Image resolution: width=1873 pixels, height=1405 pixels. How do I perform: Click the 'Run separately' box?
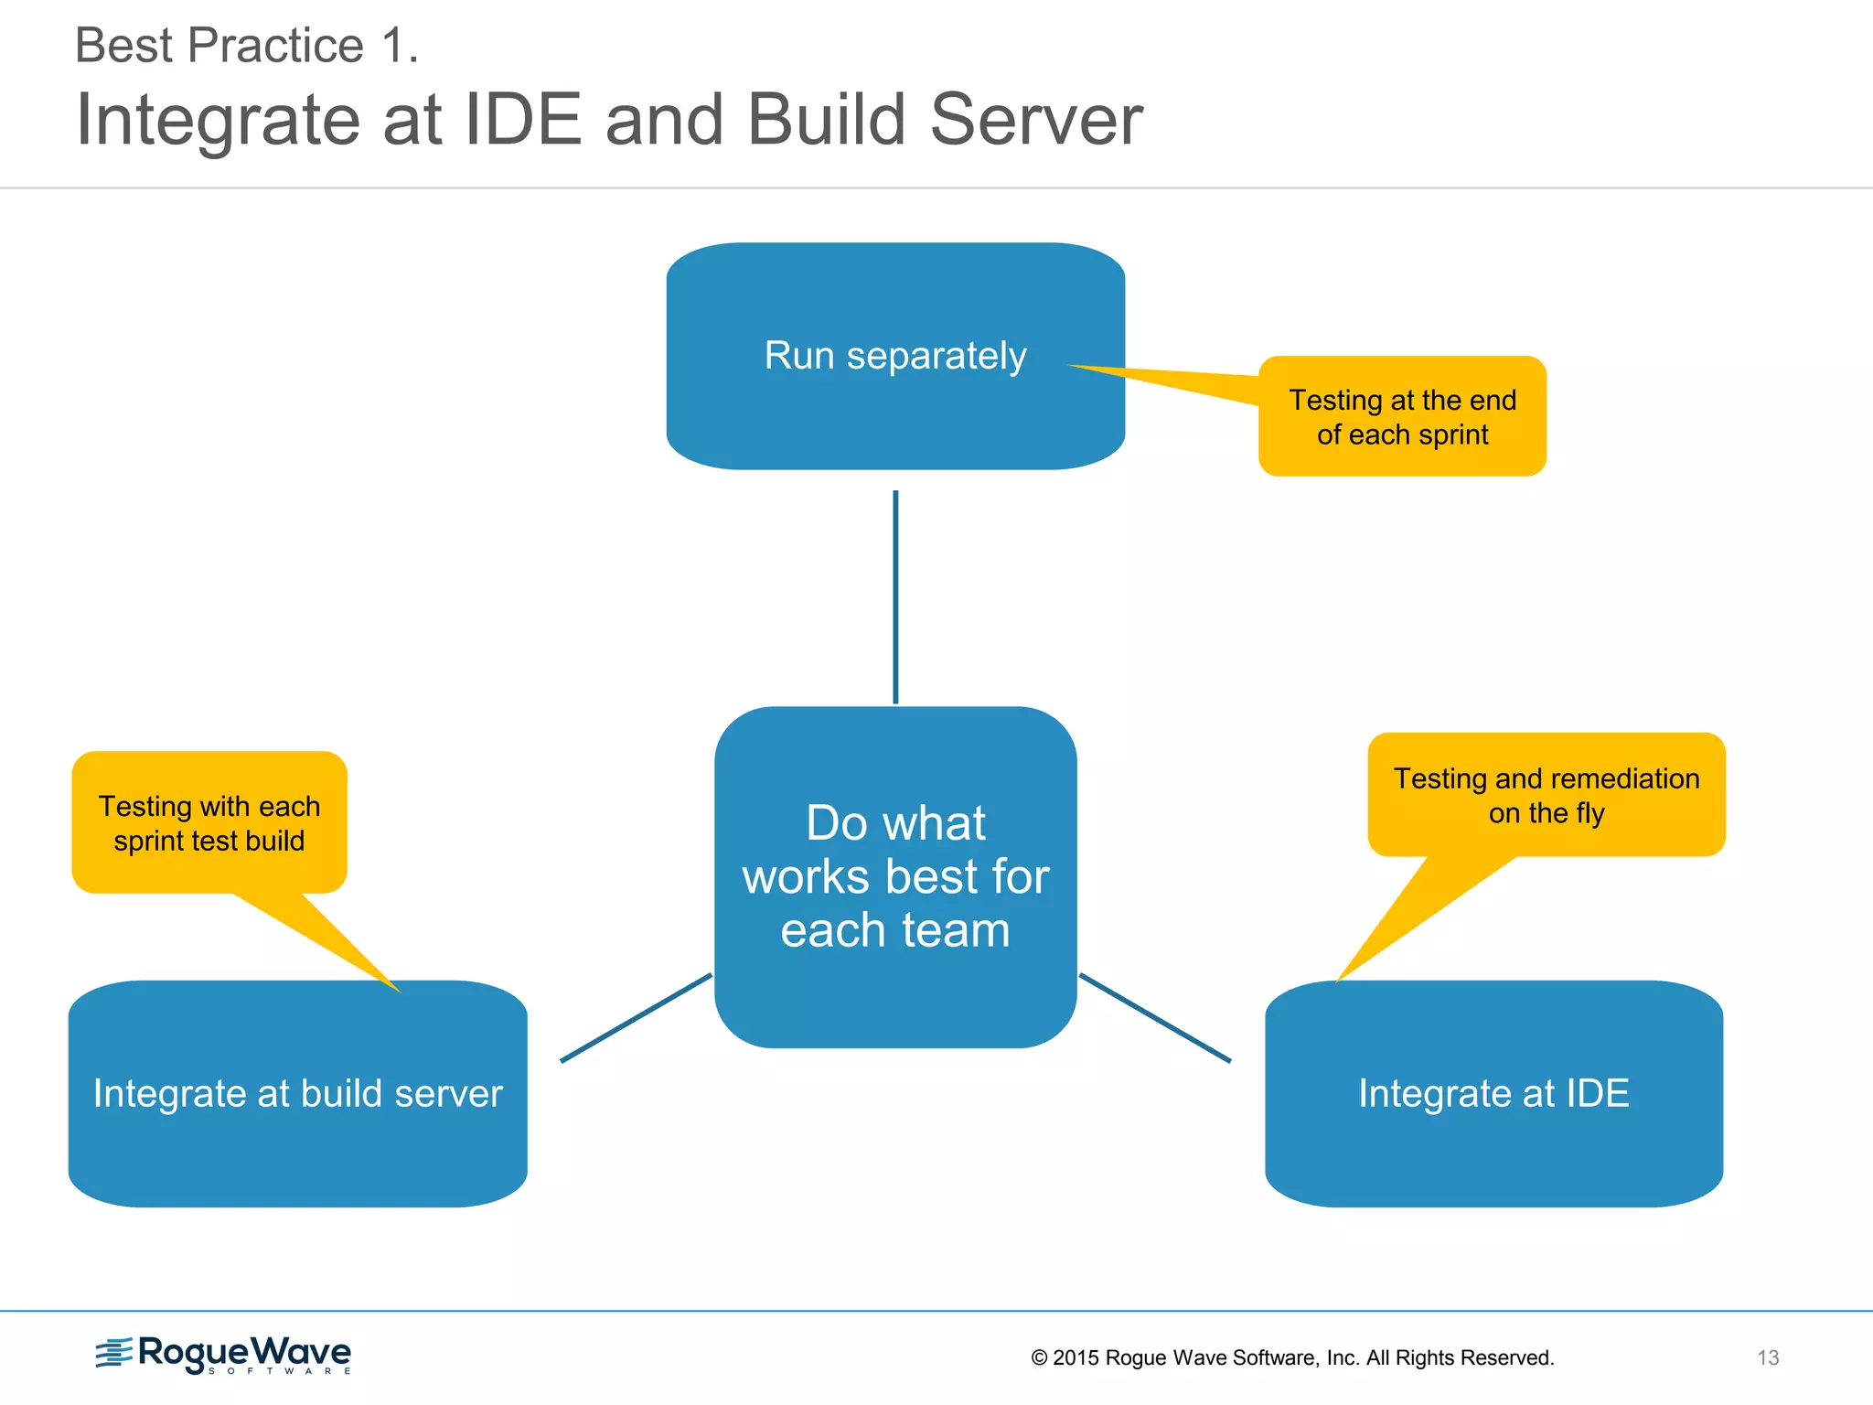pos(895,357)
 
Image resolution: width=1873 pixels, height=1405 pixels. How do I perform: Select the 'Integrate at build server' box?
pos(297,1094)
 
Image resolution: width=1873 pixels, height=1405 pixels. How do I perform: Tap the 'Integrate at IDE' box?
pos(1493,1094)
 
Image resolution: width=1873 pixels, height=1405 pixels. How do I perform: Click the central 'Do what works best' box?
pos(895,876)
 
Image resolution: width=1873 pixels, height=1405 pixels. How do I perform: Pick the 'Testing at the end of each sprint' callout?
pos(1402,417)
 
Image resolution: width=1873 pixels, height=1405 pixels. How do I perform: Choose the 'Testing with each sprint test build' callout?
pos(209,822)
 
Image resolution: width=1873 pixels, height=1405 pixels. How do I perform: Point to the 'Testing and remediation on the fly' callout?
pos(1546,795)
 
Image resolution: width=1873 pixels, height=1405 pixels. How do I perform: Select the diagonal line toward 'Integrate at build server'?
pos(636,1018)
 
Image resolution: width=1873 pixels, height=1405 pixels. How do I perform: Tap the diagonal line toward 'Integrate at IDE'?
pos(1155,1018)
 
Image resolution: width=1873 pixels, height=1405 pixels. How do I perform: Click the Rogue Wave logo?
pos(224,1355)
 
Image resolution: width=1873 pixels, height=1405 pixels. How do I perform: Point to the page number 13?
pos(1767,1357)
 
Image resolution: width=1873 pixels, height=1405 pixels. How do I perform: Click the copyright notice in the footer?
pos(1292,1357)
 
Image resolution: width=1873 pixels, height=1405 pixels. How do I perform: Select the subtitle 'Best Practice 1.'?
pos(247,46)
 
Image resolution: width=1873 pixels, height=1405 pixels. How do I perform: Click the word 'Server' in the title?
pos(1036,120)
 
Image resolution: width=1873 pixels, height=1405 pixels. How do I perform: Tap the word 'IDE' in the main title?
pos(523,120)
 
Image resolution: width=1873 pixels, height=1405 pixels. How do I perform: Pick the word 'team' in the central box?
pos(956,930)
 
